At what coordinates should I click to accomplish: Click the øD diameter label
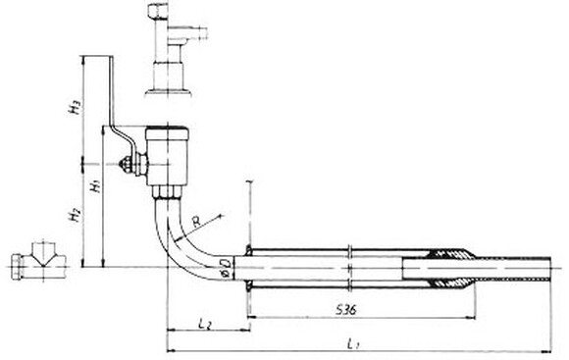(225, 266)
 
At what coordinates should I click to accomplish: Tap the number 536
(342, 310)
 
